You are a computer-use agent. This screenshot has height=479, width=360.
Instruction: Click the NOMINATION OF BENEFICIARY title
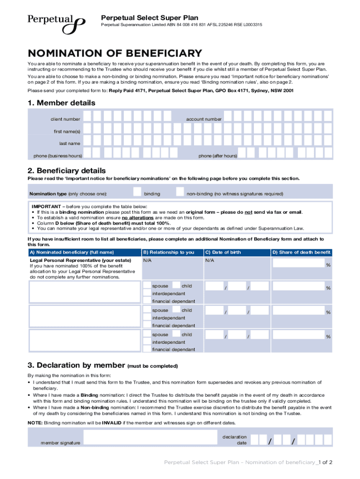point(115,53)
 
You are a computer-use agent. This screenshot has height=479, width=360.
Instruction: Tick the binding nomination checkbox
point(137,192)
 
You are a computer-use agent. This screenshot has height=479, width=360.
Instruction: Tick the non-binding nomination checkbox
point(180,192)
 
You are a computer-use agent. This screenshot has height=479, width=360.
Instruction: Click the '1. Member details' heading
point(61,102)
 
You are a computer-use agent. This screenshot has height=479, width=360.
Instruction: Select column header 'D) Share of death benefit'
point(302,252)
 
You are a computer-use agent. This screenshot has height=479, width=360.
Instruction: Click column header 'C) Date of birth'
point(223,252)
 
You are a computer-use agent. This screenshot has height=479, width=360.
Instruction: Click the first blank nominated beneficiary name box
point(84,291)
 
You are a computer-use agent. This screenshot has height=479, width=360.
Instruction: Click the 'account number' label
point(204,119)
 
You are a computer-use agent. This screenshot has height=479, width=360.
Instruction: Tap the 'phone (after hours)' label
point(217,156)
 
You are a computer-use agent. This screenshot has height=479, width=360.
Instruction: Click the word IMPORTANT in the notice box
point(46,206)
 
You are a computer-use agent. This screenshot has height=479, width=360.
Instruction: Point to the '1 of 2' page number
point(325,462)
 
